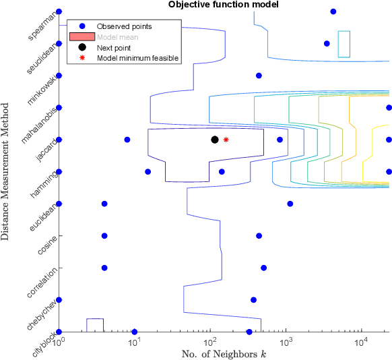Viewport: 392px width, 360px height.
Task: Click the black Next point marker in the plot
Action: [215, 140]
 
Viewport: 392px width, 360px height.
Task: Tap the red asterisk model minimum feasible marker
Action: [226, 140]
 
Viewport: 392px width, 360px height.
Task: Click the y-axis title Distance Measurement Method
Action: [6, 171]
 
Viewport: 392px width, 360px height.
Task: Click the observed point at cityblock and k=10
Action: [135, 332]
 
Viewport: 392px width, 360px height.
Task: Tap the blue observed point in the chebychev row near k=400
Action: [253, 300]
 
